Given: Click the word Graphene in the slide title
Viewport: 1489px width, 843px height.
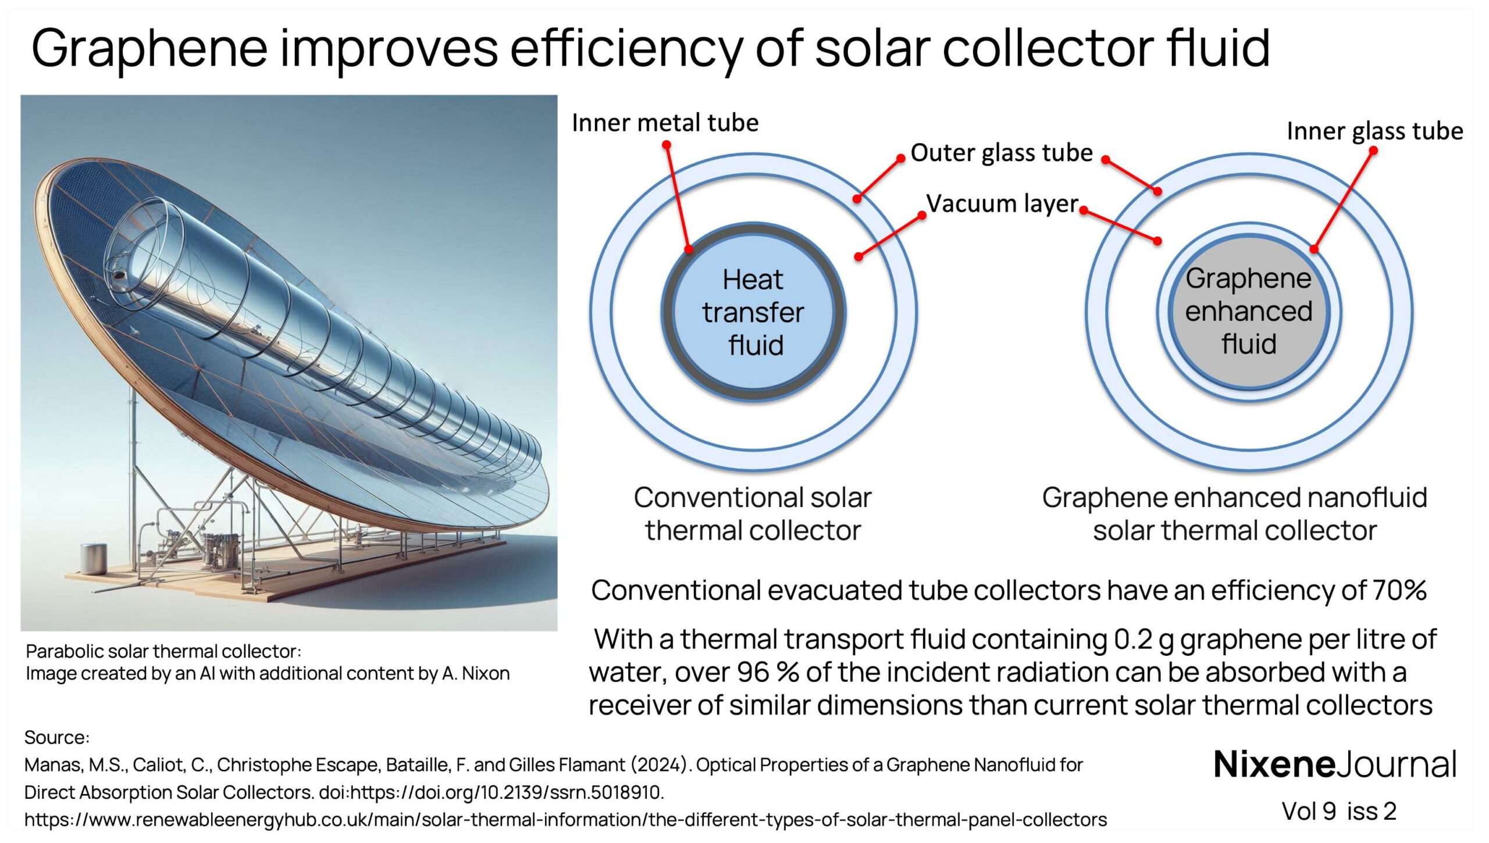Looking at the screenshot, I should pyautogui.click(x=149, y=49).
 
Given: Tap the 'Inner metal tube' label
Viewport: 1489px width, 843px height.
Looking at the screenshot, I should pyautogui.click(x=665, y=123).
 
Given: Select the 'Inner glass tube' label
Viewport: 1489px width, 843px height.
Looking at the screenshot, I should pyautogui.click(x=1374, y=131).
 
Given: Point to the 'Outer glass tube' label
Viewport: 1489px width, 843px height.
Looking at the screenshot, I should pyautogui.click(x=1001, y=153).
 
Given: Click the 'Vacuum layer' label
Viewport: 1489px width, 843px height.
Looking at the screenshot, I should pyautogui.click(x=1002, y=203).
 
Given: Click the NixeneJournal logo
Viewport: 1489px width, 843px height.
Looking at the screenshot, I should pyautogui.click(x=1335, y=765).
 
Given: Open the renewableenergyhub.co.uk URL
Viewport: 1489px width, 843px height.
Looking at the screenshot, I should pyautogui.click(x=565, y=820).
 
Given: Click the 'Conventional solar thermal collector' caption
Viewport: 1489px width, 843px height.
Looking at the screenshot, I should pyautogui.click(x=753, y=514).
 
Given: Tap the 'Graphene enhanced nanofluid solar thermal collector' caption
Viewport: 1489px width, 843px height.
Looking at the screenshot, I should pyautogui.click(x=1234, y=514).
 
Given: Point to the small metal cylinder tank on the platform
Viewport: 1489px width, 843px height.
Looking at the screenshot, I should pyautogui.click(x=93, y=558).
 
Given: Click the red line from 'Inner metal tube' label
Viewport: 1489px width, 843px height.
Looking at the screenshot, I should pyautogui.click(x=678, y=198).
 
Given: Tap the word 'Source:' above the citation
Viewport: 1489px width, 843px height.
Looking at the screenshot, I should pyautogui.click(x=56, y=738).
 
